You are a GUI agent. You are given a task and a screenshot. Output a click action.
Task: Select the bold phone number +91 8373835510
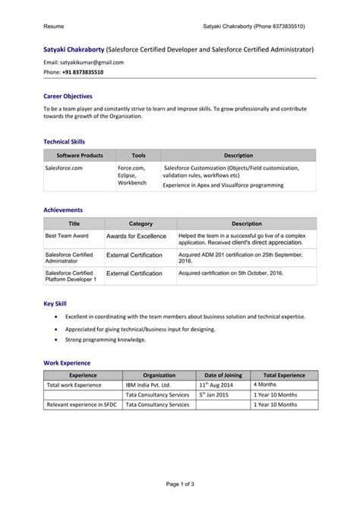coord(83,72)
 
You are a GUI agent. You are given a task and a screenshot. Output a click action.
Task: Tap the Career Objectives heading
coord(68,96)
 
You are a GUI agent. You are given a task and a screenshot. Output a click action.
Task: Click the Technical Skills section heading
coord(64,141)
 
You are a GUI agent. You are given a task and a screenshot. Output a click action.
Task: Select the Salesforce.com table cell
coord(64,167)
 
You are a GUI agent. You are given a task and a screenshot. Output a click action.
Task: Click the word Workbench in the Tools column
coord(132,183)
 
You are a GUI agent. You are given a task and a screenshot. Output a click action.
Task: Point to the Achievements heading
coord(63,210)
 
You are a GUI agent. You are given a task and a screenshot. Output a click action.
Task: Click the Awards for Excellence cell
coord(135,236)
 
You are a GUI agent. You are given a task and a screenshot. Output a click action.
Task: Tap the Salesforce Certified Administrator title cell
coord(69,258)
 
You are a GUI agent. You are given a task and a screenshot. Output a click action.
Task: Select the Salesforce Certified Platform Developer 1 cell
coord(71,277)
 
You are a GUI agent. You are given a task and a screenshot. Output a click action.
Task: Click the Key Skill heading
coord(55,304)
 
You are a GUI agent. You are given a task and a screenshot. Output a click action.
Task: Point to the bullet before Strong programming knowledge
coord(58,340)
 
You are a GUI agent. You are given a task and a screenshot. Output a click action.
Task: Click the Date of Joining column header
coord(223,375)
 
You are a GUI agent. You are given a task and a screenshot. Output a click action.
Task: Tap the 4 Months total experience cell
coord(267,385)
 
